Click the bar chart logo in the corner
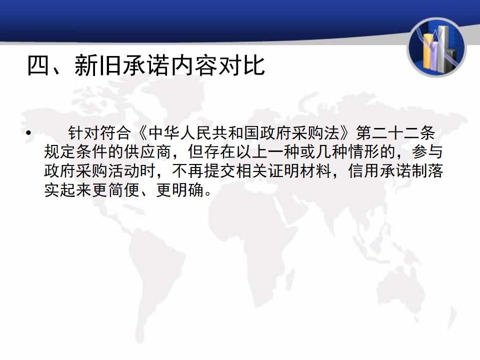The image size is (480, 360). click(x=436, y=47)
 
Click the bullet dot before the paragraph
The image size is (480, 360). click(x=28, y=133)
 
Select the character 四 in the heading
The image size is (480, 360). click(x=38, y=65)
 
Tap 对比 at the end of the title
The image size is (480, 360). click(x=241, y=65)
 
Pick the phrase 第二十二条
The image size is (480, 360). click(x=395, y=133)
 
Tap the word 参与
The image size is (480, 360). click(x=427, y=152)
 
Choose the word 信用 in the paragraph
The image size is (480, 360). click(x=363, y=171)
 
